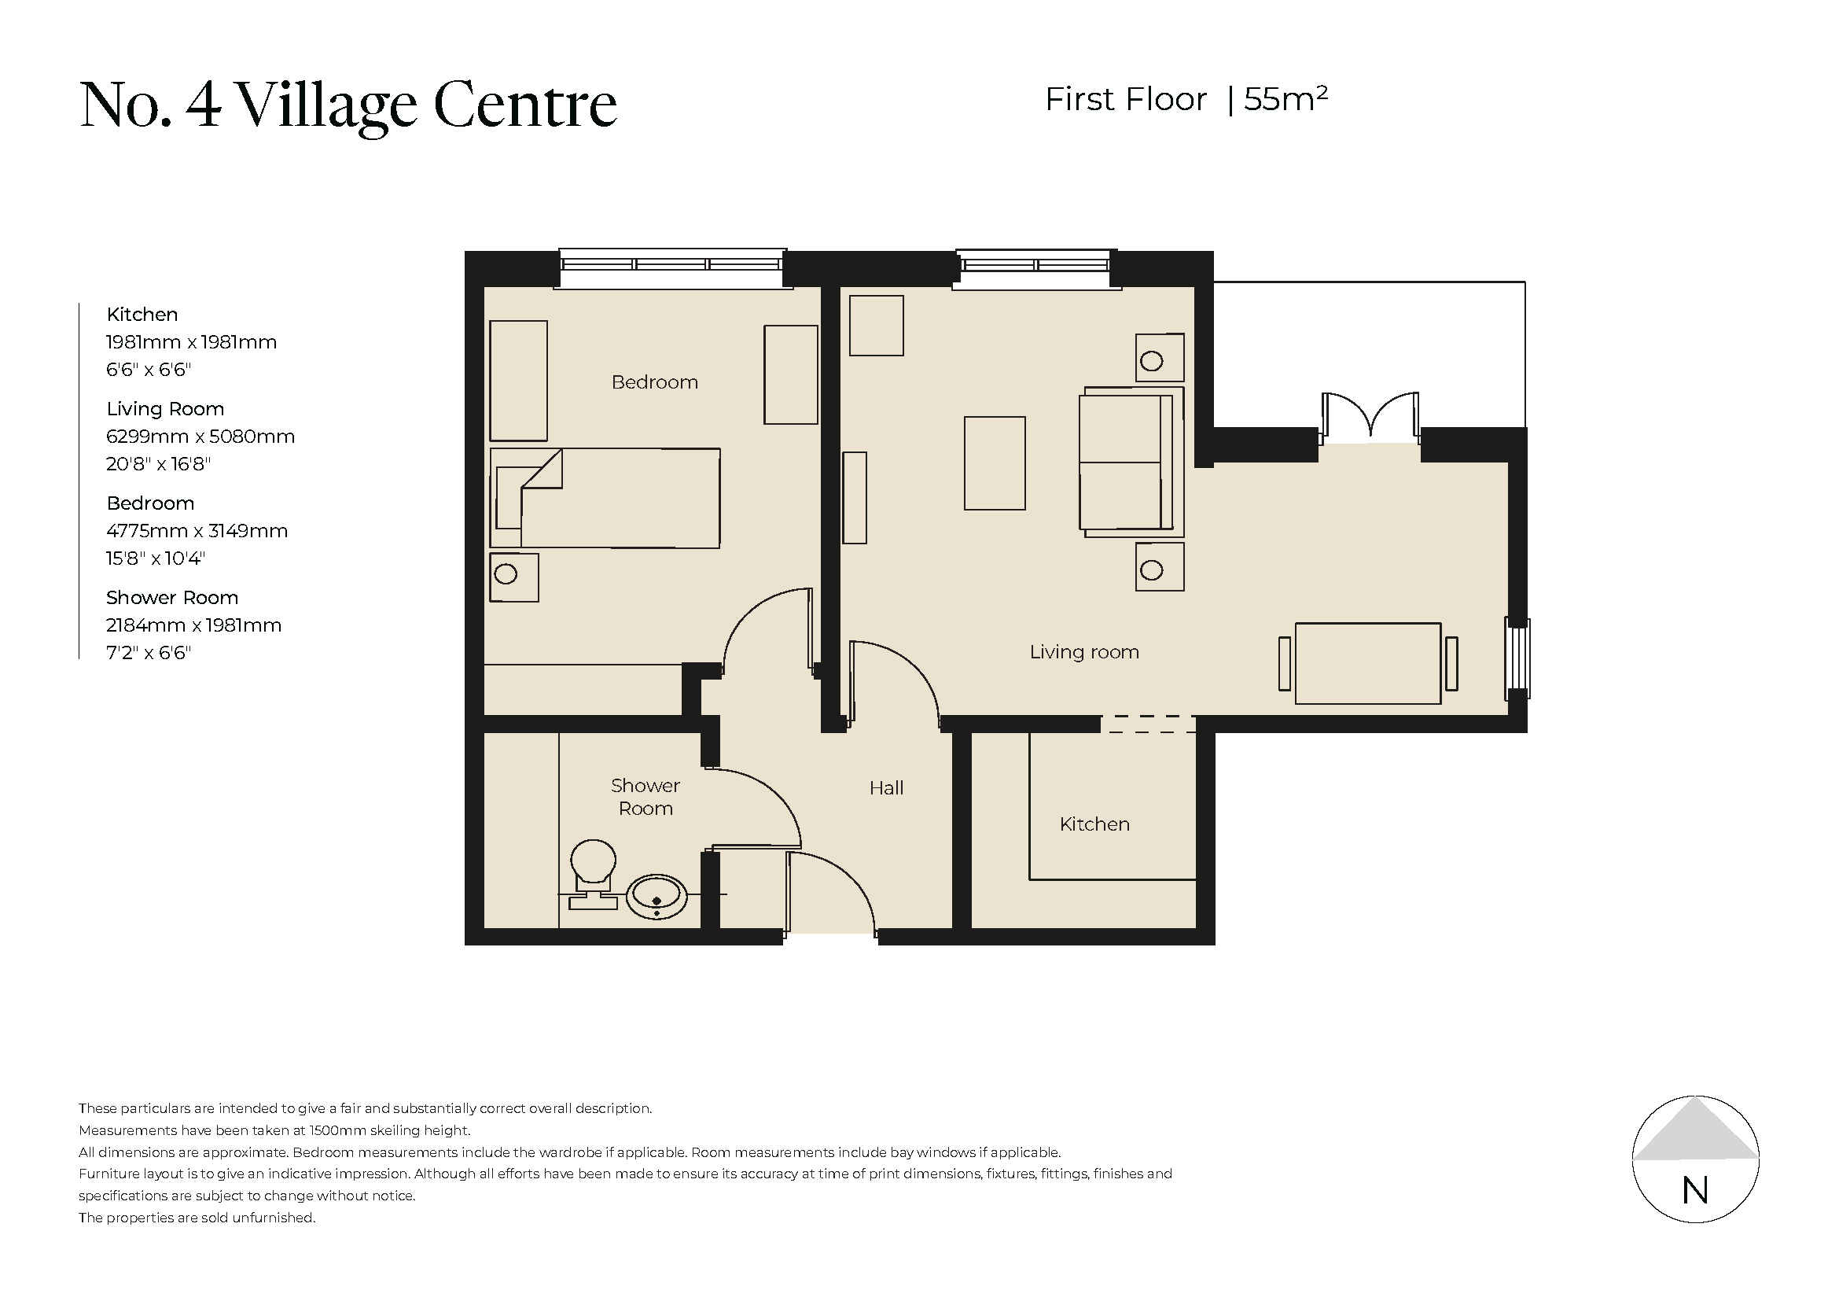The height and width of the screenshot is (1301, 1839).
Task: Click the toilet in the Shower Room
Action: [593, 872]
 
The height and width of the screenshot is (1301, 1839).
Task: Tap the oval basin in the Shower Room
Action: [656, 897]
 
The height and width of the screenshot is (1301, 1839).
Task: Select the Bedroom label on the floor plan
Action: [654, 382]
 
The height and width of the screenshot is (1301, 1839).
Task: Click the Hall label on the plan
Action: [886, 788]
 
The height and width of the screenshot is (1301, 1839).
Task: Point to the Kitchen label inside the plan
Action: [1094, 824]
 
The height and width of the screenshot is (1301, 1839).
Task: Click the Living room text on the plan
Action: [1083, 652]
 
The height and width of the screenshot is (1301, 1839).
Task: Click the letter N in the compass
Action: [1695, 1191]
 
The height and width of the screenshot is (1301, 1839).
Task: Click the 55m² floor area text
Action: [1285, 99]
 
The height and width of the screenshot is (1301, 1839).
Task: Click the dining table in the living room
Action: [1367, 663]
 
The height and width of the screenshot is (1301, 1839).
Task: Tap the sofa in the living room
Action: [1129, 463]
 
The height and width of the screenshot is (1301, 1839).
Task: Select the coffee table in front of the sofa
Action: [994, 463]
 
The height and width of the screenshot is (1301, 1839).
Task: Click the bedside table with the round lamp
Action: [513, 577]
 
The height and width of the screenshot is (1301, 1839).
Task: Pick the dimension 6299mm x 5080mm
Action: [200, 437]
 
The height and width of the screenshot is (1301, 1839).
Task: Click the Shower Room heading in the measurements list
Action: [172, 598]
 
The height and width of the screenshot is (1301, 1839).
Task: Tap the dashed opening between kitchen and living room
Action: [1147, 724]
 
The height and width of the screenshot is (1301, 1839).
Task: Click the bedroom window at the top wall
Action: [671, 267]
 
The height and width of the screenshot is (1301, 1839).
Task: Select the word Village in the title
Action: [327, 105]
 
